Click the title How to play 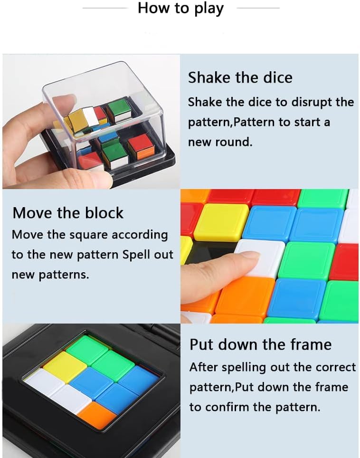[180, 9]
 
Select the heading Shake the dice [240, 78]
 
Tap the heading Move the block [68, 213]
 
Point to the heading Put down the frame [260, 344]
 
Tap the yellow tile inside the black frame [65, 367]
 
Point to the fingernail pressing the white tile [250, 255]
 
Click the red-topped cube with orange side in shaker [140, 147]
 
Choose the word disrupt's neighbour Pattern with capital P [254, 123]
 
